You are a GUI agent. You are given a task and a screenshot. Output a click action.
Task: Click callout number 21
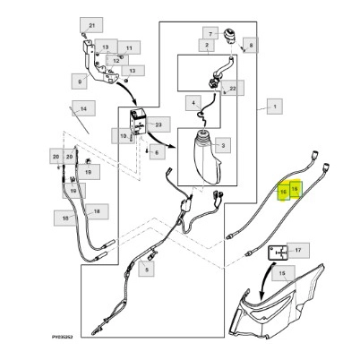pos(91,25)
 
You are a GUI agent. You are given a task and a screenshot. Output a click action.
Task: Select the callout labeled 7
pos(210,34)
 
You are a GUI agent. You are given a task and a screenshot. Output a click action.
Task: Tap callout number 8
pos(251,46)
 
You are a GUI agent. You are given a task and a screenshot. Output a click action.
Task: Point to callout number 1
pos(275,107)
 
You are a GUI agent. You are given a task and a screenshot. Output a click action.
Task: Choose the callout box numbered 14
pos(83,108)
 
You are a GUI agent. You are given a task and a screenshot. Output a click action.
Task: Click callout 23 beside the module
pos(159,124)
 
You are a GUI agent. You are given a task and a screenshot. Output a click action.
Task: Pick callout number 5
pos(146,270)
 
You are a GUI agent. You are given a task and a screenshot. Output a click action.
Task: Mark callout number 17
pos(297,251)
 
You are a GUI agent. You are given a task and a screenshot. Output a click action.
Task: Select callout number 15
pos(283,273)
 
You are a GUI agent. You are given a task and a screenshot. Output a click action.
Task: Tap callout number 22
pos(233,89)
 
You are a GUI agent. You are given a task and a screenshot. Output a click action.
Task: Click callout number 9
pos(80,81)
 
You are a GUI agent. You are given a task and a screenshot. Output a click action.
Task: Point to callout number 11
pos(129,48)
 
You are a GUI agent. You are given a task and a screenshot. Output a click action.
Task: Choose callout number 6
pos(157,152)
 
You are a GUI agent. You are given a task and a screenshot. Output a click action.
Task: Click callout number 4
pos(193,103)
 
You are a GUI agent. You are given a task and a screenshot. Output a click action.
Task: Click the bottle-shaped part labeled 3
pos(208,157)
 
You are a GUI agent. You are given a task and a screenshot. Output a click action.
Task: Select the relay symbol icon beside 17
pos(278,253)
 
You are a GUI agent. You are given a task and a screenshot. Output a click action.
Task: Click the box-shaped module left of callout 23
pos(138,122)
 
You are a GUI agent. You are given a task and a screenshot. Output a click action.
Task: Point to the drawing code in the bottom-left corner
pos(62,337)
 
